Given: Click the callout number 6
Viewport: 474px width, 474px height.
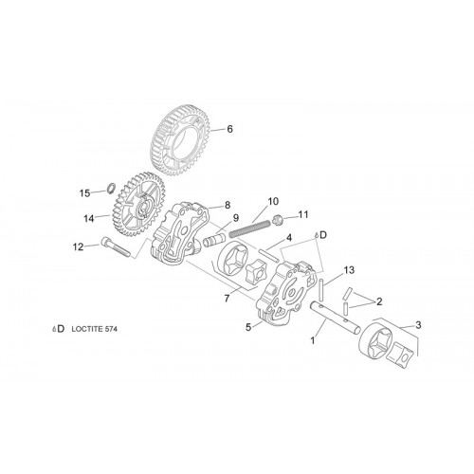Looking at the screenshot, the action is point(229,129).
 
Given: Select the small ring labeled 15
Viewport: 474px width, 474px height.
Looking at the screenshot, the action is point(111,189).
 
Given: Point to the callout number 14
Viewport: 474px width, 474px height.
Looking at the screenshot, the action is point(89,218).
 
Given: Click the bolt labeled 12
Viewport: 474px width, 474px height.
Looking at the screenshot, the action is point(116,246).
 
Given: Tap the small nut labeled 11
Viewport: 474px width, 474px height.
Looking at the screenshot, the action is point(277,220).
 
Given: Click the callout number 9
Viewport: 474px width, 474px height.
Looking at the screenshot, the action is point(236,218).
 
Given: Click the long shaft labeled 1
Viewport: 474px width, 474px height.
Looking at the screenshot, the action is point(335,318).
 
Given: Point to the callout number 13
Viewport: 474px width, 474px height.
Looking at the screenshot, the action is point(349,270).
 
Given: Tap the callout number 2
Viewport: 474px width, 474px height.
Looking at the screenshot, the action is point(379,301).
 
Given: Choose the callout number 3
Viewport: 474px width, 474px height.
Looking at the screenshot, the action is point(418,325).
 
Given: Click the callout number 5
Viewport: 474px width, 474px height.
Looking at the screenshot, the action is point(248,327).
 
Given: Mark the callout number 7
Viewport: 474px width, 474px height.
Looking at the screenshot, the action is point(227,299).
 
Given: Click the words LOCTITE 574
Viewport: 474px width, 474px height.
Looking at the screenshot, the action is point(95,329).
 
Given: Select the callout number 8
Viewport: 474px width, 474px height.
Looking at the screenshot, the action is point(228,205).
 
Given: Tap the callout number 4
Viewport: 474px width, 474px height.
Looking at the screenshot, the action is point(289,238).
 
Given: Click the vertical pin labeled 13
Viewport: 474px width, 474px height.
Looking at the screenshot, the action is point(321,290).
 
